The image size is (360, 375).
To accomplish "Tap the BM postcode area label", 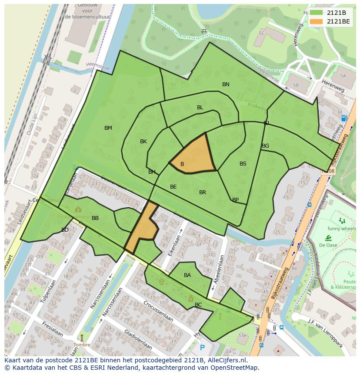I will pyautogui.click(x=108, y=128).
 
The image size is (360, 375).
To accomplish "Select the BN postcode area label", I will pyautogui.click(x=226, y=84).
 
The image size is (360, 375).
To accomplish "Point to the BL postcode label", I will pyautogui.click(x=200, y=108).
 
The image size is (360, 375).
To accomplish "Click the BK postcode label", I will pyautogui.click(x=143, y=142).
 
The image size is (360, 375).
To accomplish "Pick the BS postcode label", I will pyautogui.click(x=243, y=164).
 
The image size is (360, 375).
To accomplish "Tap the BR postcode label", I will pyautogui.click(x=203, y=193).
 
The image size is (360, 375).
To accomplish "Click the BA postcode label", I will pyautogui.click(x=187, y=275).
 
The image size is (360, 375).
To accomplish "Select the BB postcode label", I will pyautogui.click(x=95, y=218).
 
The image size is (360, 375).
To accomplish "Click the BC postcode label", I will pyautogui.click(x=198, y=305).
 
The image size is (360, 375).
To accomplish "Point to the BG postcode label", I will pyautogui.click(x=266, y=146).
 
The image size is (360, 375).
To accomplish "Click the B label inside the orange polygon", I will pyautogui.click(x=182, y=164).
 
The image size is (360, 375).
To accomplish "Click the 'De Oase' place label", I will pyautogui.click(x=328, y=245).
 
